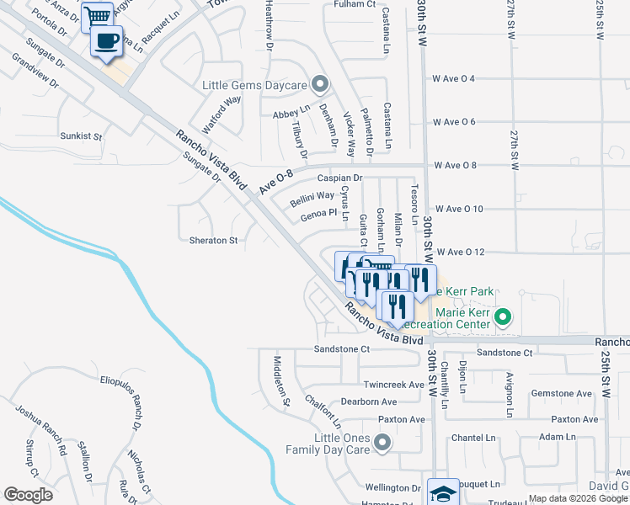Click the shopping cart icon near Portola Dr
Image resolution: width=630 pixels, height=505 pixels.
[98, 16]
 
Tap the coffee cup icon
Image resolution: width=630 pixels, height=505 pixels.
[106, 41]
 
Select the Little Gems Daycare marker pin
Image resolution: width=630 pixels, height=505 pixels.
[320, 84]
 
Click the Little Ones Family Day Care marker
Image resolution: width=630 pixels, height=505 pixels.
[383, 442]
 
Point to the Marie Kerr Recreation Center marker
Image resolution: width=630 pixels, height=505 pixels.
[504, 317]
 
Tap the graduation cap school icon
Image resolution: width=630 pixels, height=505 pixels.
[442, 493]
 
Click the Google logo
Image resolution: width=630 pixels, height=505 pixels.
[28, 495]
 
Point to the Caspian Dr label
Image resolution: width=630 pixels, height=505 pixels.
[339, 178]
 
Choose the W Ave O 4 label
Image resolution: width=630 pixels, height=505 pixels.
[454, 78]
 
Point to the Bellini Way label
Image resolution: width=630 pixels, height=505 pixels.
[312, 199]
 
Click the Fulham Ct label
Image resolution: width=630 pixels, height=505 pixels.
[354, 4]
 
